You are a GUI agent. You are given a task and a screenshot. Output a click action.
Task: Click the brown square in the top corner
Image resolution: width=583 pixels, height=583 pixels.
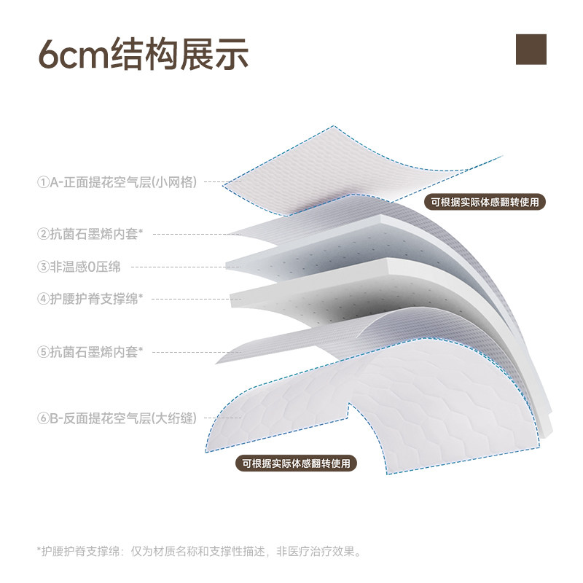pyautogui.click(x=531, y=49)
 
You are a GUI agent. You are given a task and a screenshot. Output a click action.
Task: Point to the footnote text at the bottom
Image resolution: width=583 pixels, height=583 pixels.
pyautogui.click(x=198, y=551)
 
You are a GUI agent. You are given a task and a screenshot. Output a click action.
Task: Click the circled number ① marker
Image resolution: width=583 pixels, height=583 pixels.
pyautogui.click(x=43, y=182)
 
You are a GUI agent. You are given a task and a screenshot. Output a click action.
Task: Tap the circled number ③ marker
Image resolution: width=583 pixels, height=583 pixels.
pyautogui.click(x=43, y=266)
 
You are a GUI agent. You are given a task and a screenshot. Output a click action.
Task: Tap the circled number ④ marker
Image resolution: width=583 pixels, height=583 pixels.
pyautogui.click(x=43, y=298)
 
